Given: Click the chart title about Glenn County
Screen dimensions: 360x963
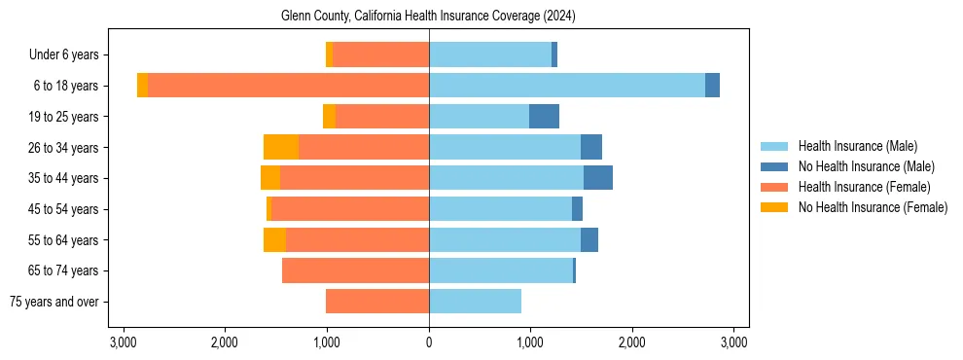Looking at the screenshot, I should click(x=429, y=17).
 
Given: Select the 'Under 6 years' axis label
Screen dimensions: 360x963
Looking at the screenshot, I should click(x=70, y=55).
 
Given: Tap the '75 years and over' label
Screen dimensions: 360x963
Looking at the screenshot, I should click(x=53, y=302).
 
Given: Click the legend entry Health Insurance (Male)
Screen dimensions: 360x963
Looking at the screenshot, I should click(x=857, y=146).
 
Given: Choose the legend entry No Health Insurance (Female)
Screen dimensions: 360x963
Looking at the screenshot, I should click(x=873, y=207).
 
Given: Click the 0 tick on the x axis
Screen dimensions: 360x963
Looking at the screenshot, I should click(x=429, y=342).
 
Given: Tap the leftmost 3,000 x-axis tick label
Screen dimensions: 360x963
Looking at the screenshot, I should click(x=124, y=342).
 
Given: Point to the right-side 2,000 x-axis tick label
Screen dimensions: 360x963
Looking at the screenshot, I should click(x=632, y=342).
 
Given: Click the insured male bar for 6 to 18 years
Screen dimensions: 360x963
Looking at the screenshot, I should click(x=567, y=86).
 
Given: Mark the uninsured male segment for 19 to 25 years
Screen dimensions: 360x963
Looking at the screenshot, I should click(x=544, y=117).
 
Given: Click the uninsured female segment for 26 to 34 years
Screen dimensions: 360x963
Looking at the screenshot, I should click(x=281, y=147).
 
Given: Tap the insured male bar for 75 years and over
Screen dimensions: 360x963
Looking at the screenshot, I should click(x=475, y=302).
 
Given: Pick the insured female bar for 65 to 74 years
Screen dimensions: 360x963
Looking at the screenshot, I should click(x=355, y=270).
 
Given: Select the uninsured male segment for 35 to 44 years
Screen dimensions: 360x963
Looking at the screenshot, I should click(x=598, y=178).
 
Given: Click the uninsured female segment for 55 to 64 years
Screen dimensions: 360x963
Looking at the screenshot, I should click(x=274, y=239).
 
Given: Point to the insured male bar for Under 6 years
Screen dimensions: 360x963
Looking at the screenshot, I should click(x=490, y=55).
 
